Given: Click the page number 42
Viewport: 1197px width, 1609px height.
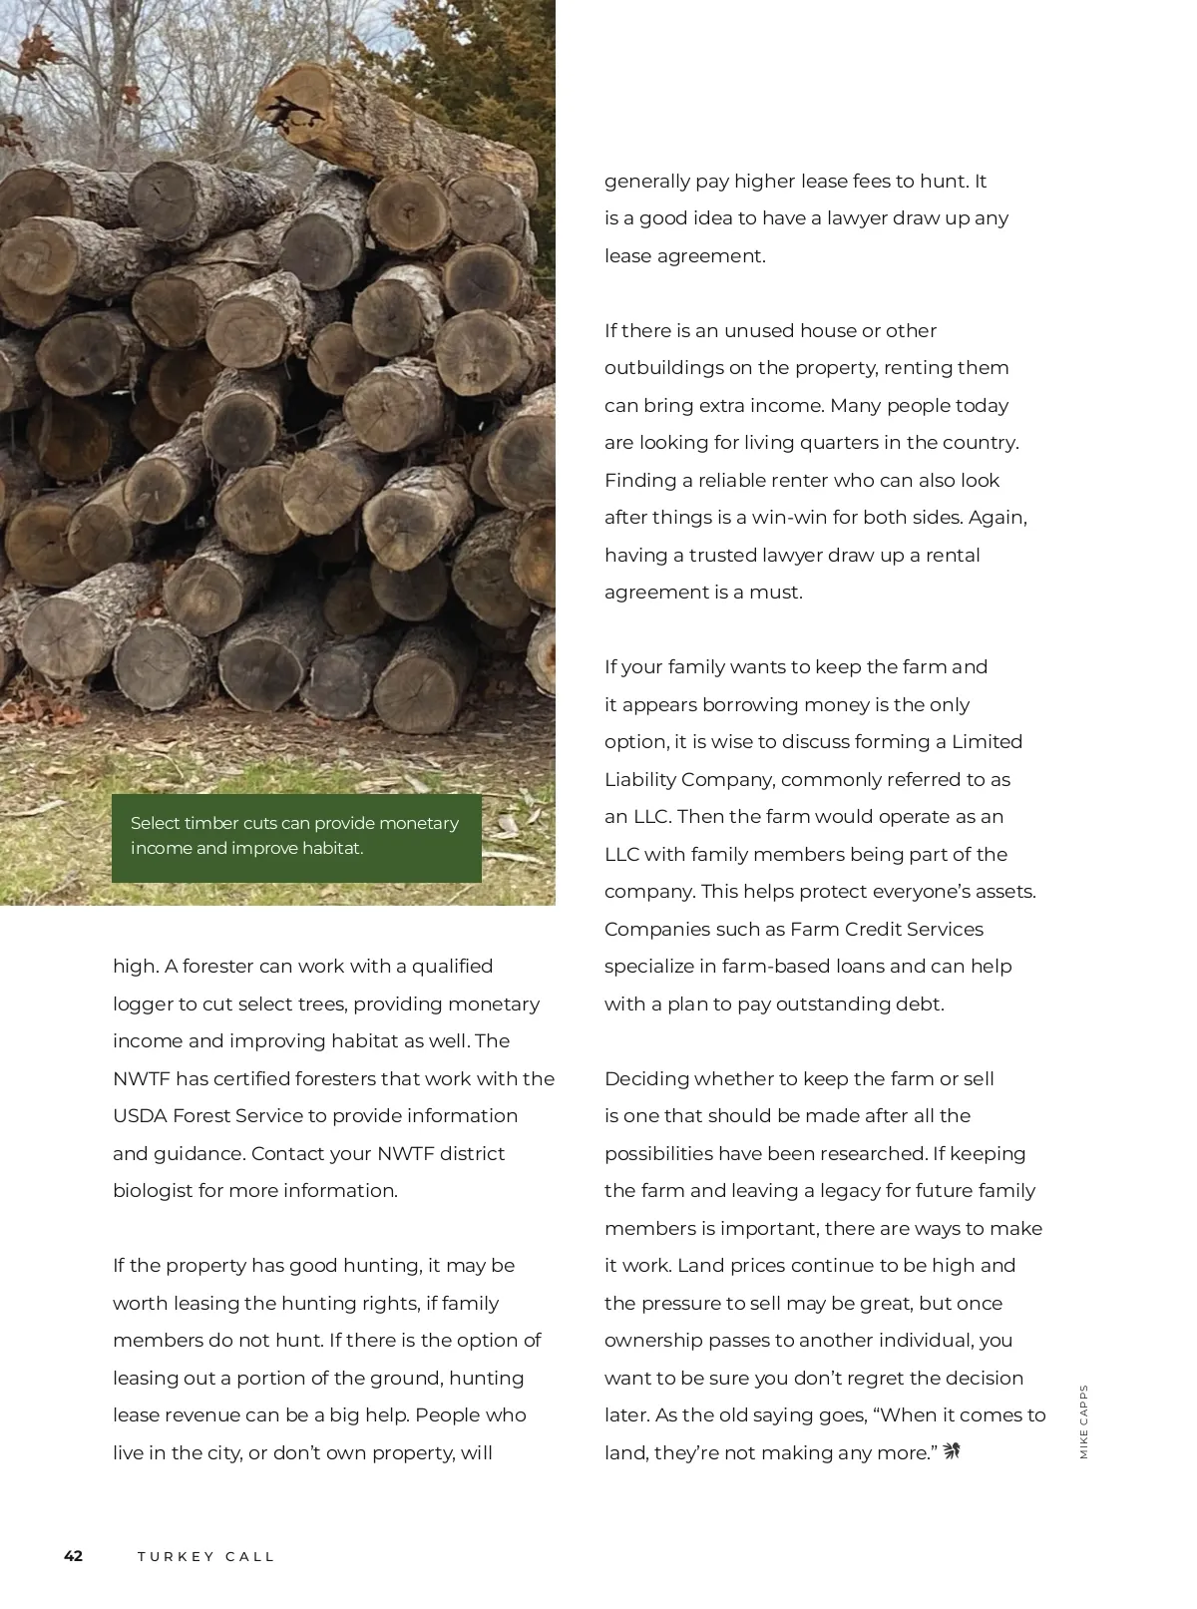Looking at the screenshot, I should (74, 1556).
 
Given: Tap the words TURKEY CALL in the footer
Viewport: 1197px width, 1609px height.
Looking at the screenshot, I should (205, 1557).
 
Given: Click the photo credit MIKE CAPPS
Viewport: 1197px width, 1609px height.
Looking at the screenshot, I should (1084, 1421).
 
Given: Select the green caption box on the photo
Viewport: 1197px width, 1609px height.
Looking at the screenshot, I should (296, 838).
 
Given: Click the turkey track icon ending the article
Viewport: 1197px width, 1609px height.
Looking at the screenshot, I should (951, 1451).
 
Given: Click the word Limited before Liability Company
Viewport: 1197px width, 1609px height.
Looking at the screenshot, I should (987, 742).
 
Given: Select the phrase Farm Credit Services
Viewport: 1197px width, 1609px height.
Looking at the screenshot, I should (886, 930).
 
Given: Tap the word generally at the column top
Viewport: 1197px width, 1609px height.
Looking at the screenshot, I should (647, 182).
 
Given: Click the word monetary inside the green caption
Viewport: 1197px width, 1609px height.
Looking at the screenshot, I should (418, 824).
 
